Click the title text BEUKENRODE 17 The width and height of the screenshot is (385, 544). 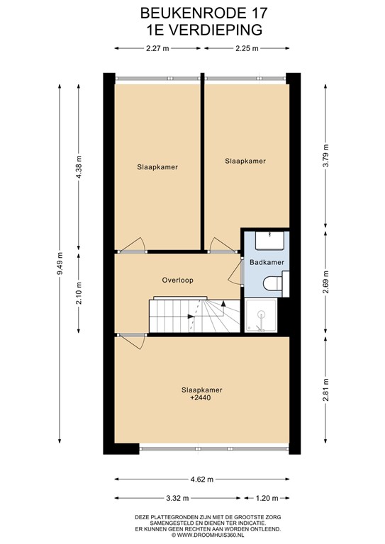point(194,13)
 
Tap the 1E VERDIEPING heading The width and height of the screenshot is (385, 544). point(194,29)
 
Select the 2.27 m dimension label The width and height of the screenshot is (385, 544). point(157,49)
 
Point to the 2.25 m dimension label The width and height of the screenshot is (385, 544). point(246,49)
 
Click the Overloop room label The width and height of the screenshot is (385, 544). point(177,280)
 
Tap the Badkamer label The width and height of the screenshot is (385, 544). point(267,262)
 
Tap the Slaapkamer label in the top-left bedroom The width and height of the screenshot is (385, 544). point(157,168)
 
